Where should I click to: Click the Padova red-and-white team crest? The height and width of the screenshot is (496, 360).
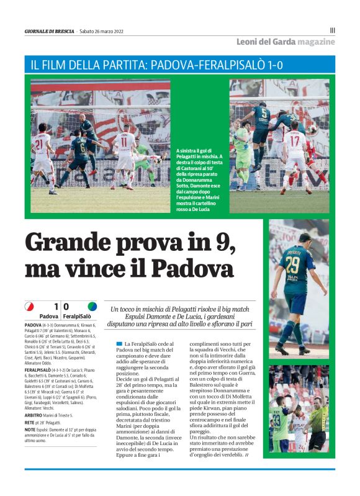(x=29, y=306)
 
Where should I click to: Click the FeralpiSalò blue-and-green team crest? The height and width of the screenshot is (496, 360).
(x=92, y=306)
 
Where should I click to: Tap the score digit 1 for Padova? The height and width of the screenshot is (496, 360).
(x=56, y=306)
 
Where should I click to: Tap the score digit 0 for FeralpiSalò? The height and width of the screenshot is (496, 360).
(x=66, y=306)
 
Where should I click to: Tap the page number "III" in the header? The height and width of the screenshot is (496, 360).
(x=332, y=30)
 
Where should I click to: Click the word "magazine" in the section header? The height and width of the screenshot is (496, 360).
(x=315, y=42)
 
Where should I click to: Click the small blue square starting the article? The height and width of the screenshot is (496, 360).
(x=119, y=343)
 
